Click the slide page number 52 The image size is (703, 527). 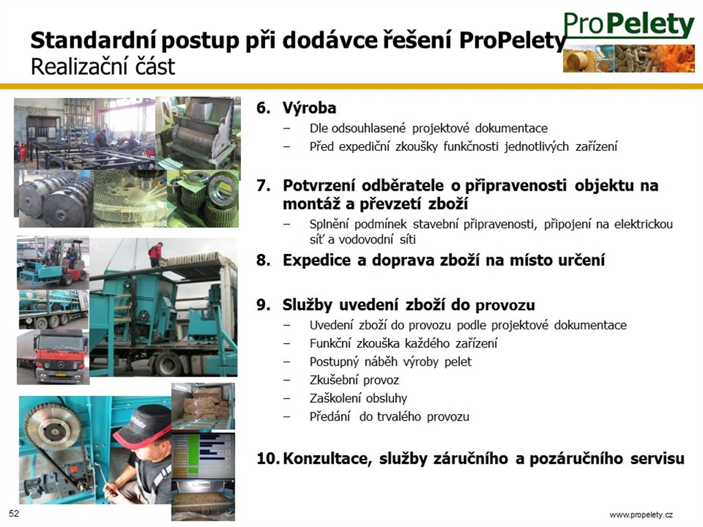pos(14,513)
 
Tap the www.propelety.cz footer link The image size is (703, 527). pos(641,515)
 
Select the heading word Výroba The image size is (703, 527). pos(310,108)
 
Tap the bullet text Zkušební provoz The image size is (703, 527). pos(354,380)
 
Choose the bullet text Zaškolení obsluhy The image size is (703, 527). pos(358,399)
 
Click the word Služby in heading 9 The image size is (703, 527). pos(308,305)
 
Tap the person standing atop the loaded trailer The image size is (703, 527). pos(155,254)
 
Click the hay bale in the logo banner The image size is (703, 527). pos(577,60)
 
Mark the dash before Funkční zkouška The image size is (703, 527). pos(286,344)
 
